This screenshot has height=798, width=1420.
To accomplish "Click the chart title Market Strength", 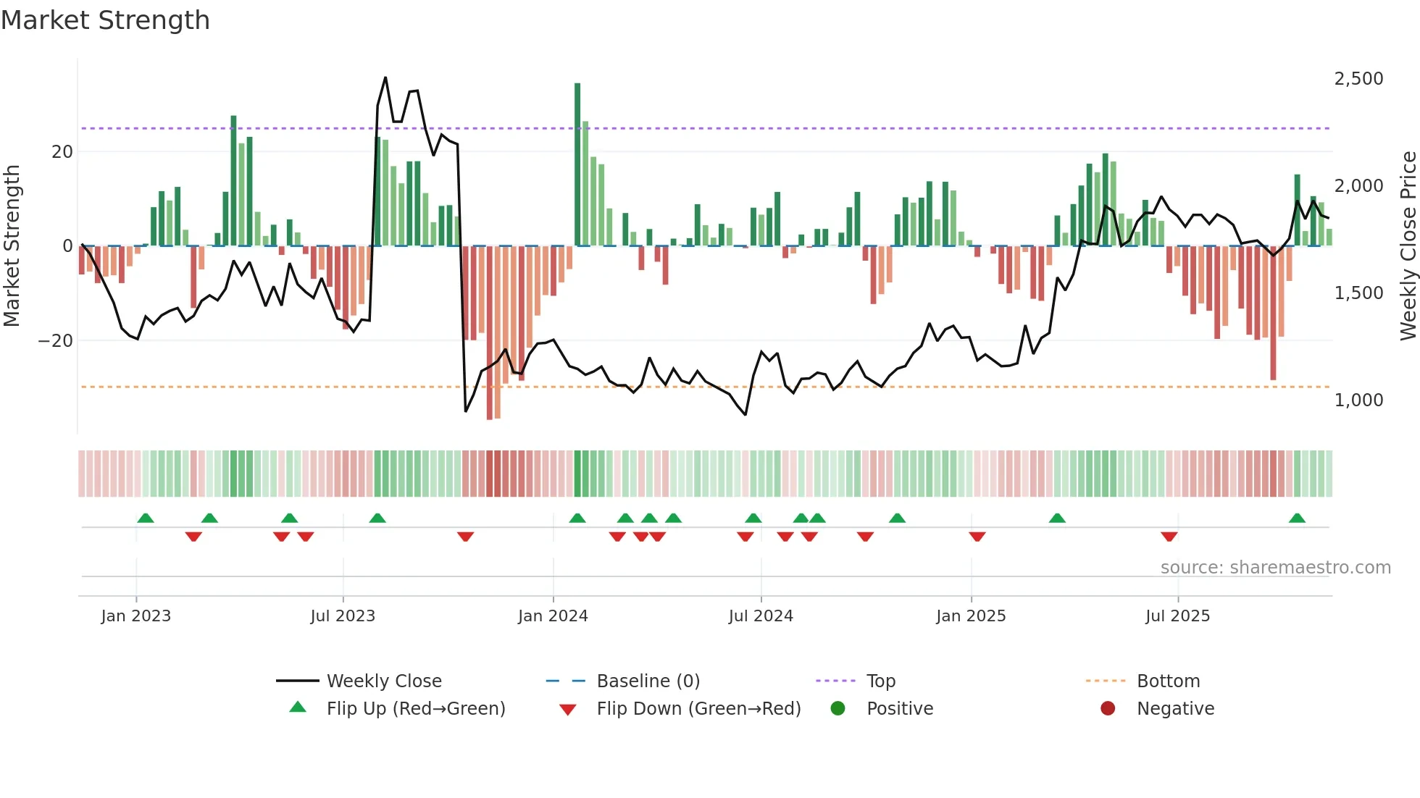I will pos(105,20).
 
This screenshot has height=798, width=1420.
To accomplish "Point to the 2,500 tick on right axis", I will pos(1358,78).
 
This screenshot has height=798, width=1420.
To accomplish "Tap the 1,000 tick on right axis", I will pos(1358,400).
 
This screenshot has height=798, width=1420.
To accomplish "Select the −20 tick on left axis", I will pos(56,340).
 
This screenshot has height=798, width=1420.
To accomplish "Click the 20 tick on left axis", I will pos(62,151).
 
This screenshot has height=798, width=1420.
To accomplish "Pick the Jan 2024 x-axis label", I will pos(553,616).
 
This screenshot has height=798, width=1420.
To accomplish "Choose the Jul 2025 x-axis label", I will pos(1177,616).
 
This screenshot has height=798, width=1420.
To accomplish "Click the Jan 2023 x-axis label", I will pos(136,616).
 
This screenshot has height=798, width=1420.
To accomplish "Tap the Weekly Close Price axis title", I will pos(1408,245).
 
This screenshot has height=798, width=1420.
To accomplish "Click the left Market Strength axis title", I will pos(12,245).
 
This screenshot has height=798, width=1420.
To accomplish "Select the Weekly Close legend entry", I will pos(383,681).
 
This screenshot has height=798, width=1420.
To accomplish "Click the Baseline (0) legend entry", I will pos(648,681).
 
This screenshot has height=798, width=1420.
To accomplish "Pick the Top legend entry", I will pos(881,681).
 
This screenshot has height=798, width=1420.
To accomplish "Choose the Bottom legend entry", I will pos(1168,681).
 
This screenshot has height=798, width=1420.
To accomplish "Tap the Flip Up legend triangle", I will pos(298,707).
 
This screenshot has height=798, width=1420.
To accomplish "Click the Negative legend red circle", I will pos(1108,708).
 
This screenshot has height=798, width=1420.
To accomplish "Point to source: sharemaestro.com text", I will pos(1275,567).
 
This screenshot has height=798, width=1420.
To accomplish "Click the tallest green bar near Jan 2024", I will pos(577,164).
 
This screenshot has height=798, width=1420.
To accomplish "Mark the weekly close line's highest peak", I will pos(385,77).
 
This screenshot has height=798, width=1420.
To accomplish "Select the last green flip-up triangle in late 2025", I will pos(1297,518).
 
